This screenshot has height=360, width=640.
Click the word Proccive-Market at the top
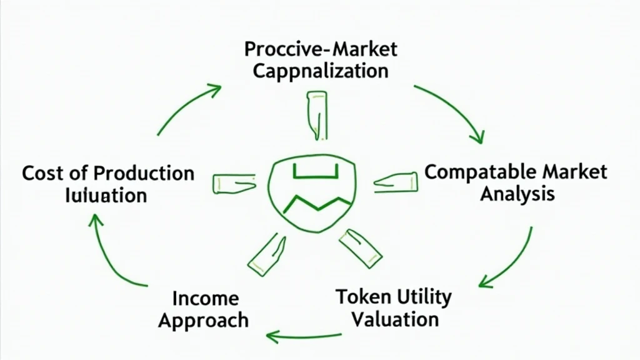tap(321, 49)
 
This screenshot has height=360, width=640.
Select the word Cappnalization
tap(320, 71)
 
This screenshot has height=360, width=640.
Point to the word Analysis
tap(517, 194)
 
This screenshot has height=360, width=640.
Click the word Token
tap(359, 296)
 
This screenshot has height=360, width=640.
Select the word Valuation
tap(394, 319)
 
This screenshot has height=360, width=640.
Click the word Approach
tap(203, 320)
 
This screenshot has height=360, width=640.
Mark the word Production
tap(144, 172)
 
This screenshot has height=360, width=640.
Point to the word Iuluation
tap(106, 194)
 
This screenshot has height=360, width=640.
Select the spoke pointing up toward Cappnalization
tap(316, 114)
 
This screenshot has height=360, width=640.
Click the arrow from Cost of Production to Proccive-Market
tap(187, 106)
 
